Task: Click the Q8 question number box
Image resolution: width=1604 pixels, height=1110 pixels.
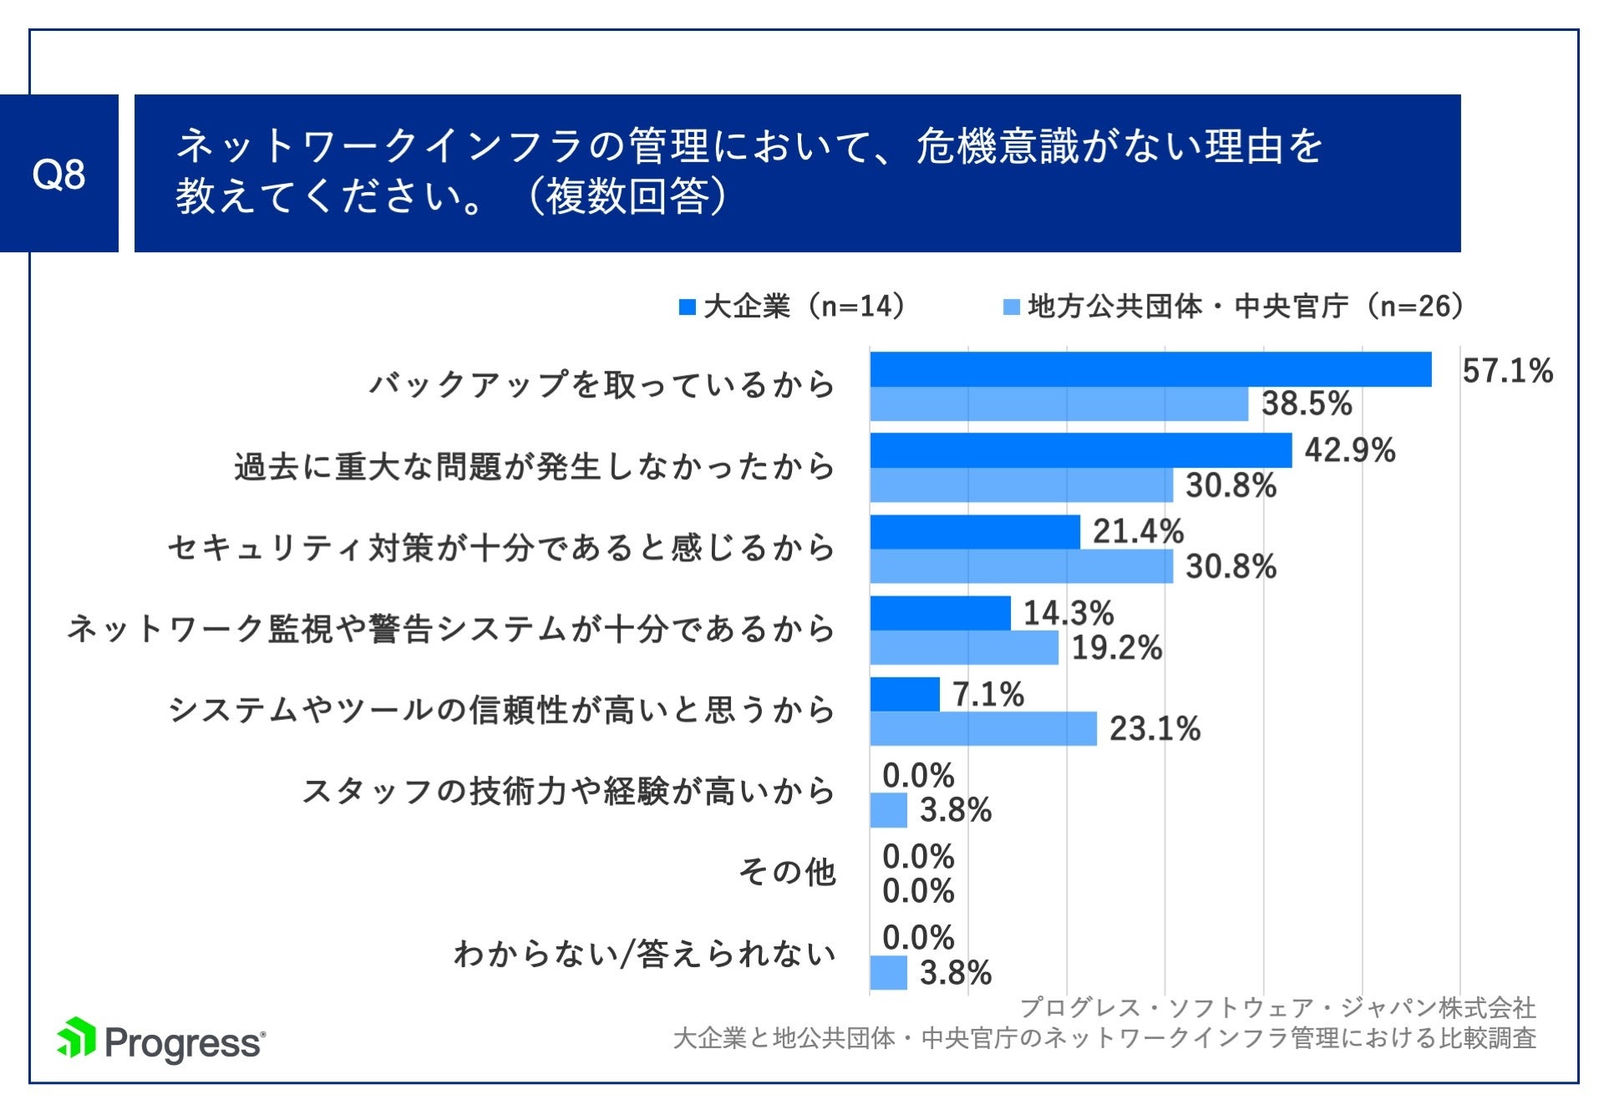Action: [x=58, y=174]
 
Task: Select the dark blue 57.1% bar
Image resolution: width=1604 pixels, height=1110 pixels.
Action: [x=1150, y=369]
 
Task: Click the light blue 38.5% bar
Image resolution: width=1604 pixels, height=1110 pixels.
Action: [x=1058, y=404]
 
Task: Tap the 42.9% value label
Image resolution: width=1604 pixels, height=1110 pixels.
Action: [x=1349, y=450]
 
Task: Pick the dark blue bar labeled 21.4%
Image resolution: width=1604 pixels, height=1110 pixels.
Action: [x=974, y=532]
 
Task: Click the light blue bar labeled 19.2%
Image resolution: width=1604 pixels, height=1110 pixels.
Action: [x=963, y=648]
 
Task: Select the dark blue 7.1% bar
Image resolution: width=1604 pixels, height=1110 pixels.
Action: [x=904, y=694]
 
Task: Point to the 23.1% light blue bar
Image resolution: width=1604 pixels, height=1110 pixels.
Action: [x=982, y=729]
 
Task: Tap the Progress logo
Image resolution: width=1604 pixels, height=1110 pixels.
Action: [x=161, y=1041]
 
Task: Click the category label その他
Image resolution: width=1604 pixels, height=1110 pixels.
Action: [x=786, y=872]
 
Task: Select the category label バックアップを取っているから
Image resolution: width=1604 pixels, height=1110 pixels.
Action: [x=601, y=384]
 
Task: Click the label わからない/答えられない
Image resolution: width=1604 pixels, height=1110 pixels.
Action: [x=644, y=953]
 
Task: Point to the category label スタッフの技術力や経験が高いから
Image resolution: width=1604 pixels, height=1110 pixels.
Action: [x=568, y=791]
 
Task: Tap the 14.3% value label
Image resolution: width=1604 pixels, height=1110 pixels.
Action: [x=1068, y=613]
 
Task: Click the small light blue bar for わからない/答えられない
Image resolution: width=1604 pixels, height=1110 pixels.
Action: [x=888, y=972]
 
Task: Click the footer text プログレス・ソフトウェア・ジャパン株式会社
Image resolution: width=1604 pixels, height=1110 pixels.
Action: [x=1277, y=1007]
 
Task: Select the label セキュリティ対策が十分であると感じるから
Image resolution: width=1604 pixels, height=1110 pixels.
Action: [x=501, y=548]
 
